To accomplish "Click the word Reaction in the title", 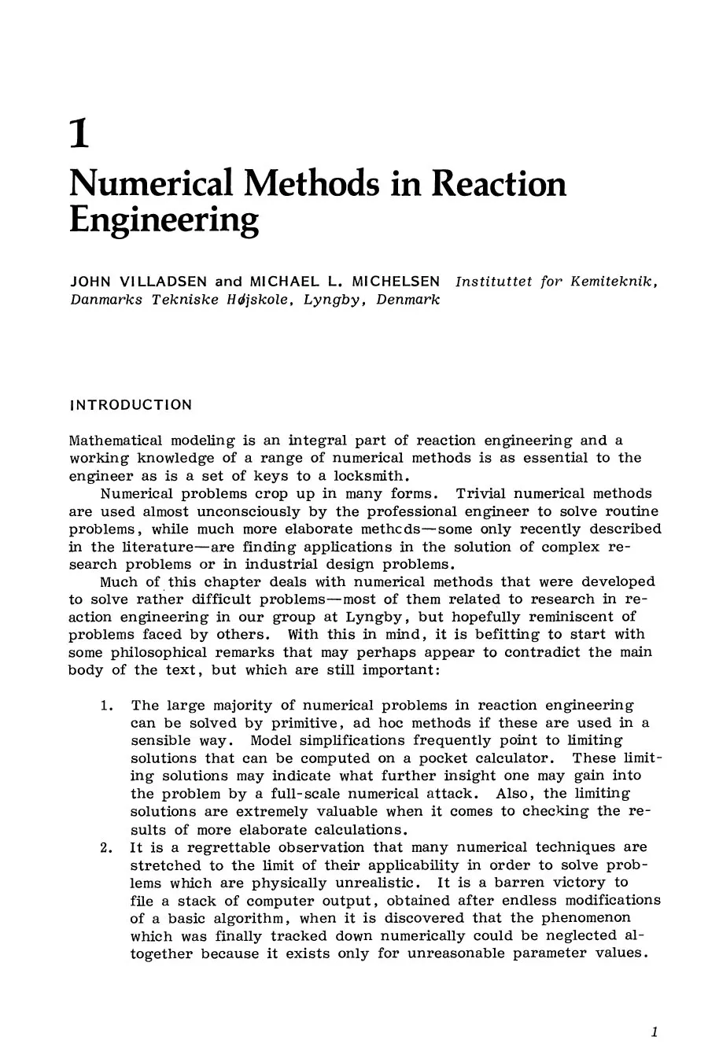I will pyautogui.click(x=500, y=183).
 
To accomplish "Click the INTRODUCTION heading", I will pyautogui.click(x=131, y=405).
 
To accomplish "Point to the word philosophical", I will pyautogui.click(x=178, y=652).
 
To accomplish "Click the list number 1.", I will pyautogui.click(x=107, y=706).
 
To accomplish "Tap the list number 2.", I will pyautogui.click(x=107, y=847).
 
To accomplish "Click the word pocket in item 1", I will pyautogui.click(x=444, y=758).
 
